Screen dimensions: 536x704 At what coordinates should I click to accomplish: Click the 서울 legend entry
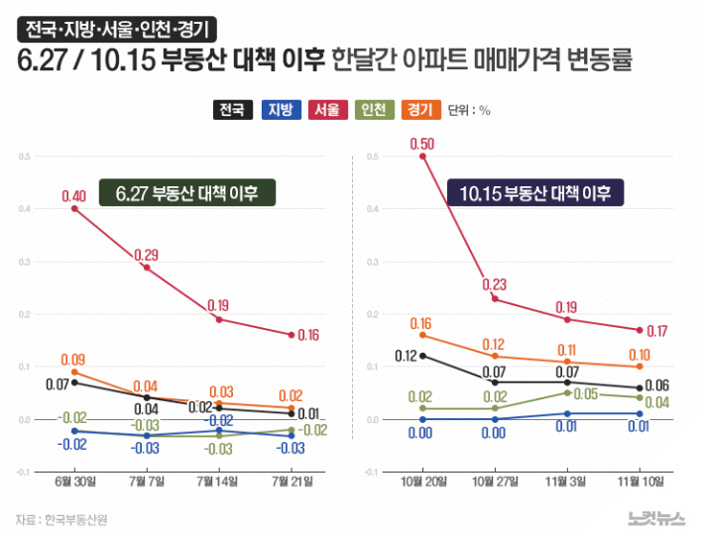pyautogui.click(x=326, y=110)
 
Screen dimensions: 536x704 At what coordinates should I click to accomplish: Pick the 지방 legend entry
pyautogui.click(x=280, y=110)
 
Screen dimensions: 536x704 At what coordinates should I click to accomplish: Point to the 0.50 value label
pyautogui.click(x=423, y=144)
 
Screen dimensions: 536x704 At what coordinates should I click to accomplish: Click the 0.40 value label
pyautogui.click(x=73, y=196)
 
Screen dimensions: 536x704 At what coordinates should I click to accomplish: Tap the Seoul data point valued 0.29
pyautogui.click(x=147, y=268)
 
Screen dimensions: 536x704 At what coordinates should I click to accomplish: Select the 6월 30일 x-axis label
pyautogui.click(x=74, y=482)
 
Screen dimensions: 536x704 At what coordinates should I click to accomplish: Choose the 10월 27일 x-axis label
pyautogui.click(x=495, y=482)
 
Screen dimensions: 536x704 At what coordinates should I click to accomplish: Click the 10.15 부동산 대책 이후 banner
pyautogui.click(x=535, y=192)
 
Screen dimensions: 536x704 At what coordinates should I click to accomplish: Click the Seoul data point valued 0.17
pyautogui.click(x=640, y=330)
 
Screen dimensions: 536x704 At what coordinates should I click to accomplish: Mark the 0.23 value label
pyautogui.click(x=495, y=285)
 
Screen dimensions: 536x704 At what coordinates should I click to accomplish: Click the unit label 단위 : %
pyautogui.click(x=469, y=110)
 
